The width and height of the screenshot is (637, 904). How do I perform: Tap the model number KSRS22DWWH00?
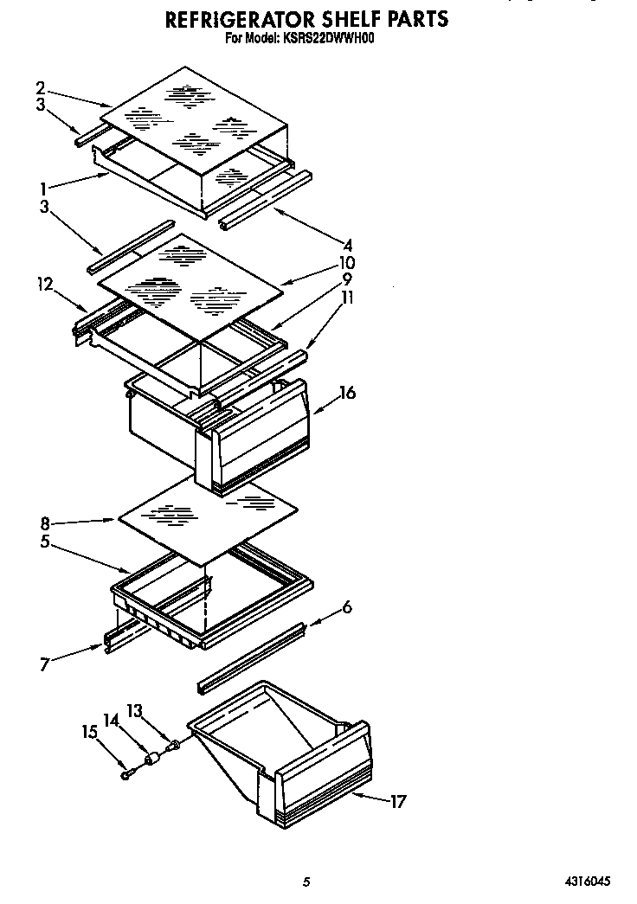(324, 38)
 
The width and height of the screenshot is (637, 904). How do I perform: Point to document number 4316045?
(588, 882)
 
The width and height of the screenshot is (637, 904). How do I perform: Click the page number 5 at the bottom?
(306, 882)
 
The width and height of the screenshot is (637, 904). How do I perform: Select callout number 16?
(348, 394)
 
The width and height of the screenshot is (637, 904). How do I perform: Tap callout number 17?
(397, 801)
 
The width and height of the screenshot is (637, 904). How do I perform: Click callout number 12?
(45, 283)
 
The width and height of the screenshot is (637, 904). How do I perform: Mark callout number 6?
(346, 607)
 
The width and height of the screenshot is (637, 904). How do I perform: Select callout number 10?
(346, 262)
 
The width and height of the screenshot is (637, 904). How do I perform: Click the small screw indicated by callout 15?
(128, 775)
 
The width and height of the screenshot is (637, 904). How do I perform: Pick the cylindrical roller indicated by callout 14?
(154, 759)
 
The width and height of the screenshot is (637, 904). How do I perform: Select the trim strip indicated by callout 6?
(251, 657)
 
